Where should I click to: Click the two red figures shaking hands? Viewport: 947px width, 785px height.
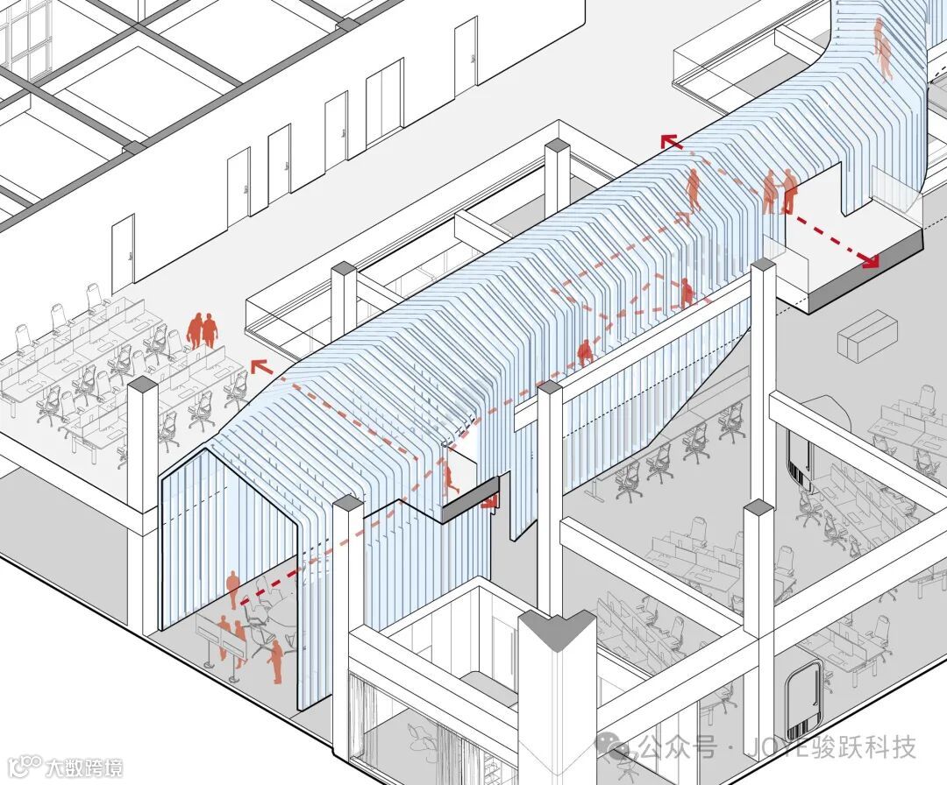[779, 192]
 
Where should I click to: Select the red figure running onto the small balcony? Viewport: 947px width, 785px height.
[450, 478]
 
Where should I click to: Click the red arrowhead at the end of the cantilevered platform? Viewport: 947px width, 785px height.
[871, 259]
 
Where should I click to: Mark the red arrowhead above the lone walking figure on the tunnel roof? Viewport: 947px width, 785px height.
[668, 141]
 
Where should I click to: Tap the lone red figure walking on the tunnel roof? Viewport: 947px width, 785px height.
[693, 189]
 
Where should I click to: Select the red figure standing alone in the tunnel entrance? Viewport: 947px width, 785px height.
[232, 587]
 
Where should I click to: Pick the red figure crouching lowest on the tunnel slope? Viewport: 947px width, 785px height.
[585, 352]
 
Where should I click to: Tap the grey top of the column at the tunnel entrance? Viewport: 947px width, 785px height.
[347, 504]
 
